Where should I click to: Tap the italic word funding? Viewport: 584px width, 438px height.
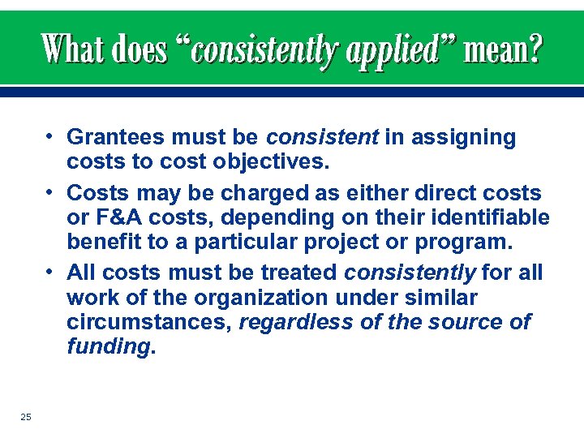coord(108,346)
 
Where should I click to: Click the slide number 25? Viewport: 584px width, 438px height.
coord(26,417)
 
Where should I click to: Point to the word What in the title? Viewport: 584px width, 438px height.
coord(75,50)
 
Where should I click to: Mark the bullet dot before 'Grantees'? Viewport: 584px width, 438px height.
coord(50,135)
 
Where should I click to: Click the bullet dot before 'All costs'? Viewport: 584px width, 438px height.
coord(50,270)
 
